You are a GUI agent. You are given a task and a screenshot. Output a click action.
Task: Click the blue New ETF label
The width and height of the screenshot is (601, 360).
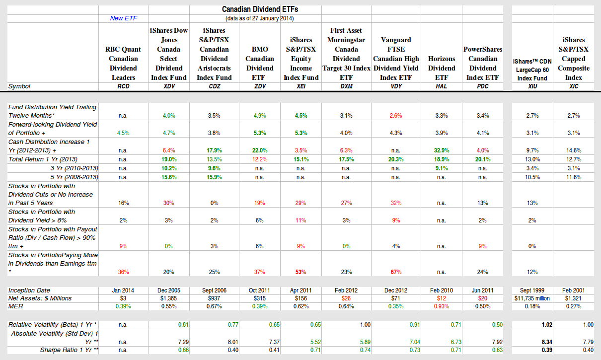tap(124, 18)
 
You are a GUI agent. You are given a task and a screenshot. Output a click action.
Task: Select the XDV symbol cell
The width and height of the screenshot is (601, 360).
tap(168, 86)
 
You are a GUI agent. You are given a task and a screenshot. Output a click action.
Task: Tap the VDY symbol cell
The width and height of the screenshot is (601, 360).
tap(396, 86)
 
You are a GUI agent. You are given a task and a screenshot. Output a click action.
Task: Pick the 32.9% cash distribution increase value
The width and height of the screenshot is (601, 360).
tap(441, 150)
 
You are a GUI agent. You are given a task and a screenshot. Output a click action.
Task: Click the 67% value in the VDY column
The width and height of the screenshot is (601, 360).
tap(396, 272)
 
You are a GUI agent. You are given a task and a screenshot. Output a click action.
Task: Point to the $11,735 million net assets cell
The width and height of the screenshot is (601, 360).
tap(531, 298)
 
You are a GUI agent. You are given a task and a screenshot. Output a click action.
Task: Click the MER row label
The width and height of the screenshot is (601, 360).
tap(16, 306)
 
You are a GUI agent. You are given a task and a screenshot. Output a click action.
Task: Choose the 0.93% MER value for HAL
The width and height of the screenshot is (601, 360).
tap(441, 306)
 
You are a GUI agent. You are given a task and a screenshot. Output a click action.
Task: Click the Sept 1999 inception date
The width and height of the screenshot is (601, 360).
tap(531, 290)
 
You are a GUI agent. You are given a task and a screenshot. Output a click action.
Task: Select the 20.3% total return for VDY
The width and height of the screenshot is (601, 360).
tap(396, 159)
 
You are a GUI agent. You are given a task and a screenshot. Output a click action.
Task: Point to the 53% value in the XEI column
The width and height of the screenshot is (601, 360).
tap(301, 272)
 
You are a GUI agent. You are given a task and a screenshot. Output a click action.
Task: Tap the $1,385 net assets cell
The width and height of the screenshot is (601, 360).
tap(168, 298)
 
